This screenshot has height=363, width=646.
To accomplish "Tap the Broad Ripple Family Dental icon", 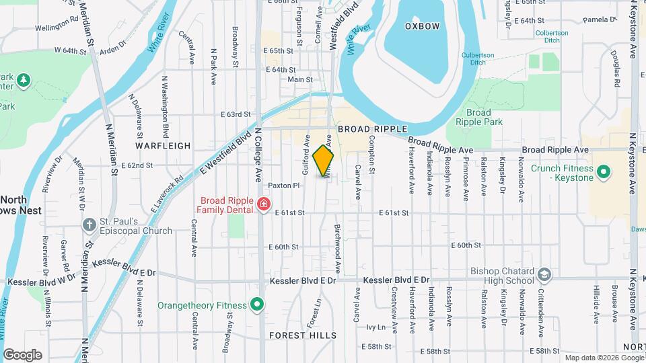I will pyautogui.click(x=264, y=204).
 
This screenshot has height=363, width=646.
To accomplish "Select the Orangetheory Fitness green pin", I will pyautogui.click(x=256, y=305).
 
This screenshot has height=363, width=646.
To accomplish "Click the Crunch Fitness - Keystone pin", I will pyautogui.click(x=604, y=172).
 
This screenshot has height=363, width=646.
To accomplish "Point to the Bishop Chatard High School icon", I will pyautogui.click(x=544, y=274).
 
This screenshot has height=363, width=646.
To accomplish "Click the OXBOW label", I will pyautogui.click(x=422, y=26).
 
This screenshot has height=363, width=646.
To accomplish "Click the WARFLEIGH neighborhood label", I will pyautogui.click(x=159, y=145).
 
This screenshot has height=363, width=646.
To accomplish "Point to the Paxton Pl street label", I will pyautogui.click(x=283, y=185).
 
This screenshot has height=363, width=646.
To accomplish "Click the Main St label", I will pyautogui.click(x=300, y=79).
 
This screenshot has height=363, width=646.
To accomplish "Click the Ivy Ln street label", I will pyautogui.click(x=375, y=327).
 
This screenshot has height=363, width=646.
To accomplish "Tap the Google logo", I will pyautogui.click(x=22, y=354).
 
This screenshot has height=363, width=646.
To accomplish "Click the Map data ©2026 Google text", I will pyautogui.click(x=604, y=358).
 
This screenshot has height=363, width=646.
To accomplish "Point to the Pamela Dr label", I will pyautogui.click(x=600, y=20).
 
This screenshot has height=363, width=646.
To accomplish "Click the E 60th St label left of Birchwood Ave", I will pyautogui.click(x=283, y=247).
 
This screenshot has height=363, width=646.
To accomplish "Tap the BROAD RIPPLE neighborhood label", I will pyautogui.click(x=364, y=128).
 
